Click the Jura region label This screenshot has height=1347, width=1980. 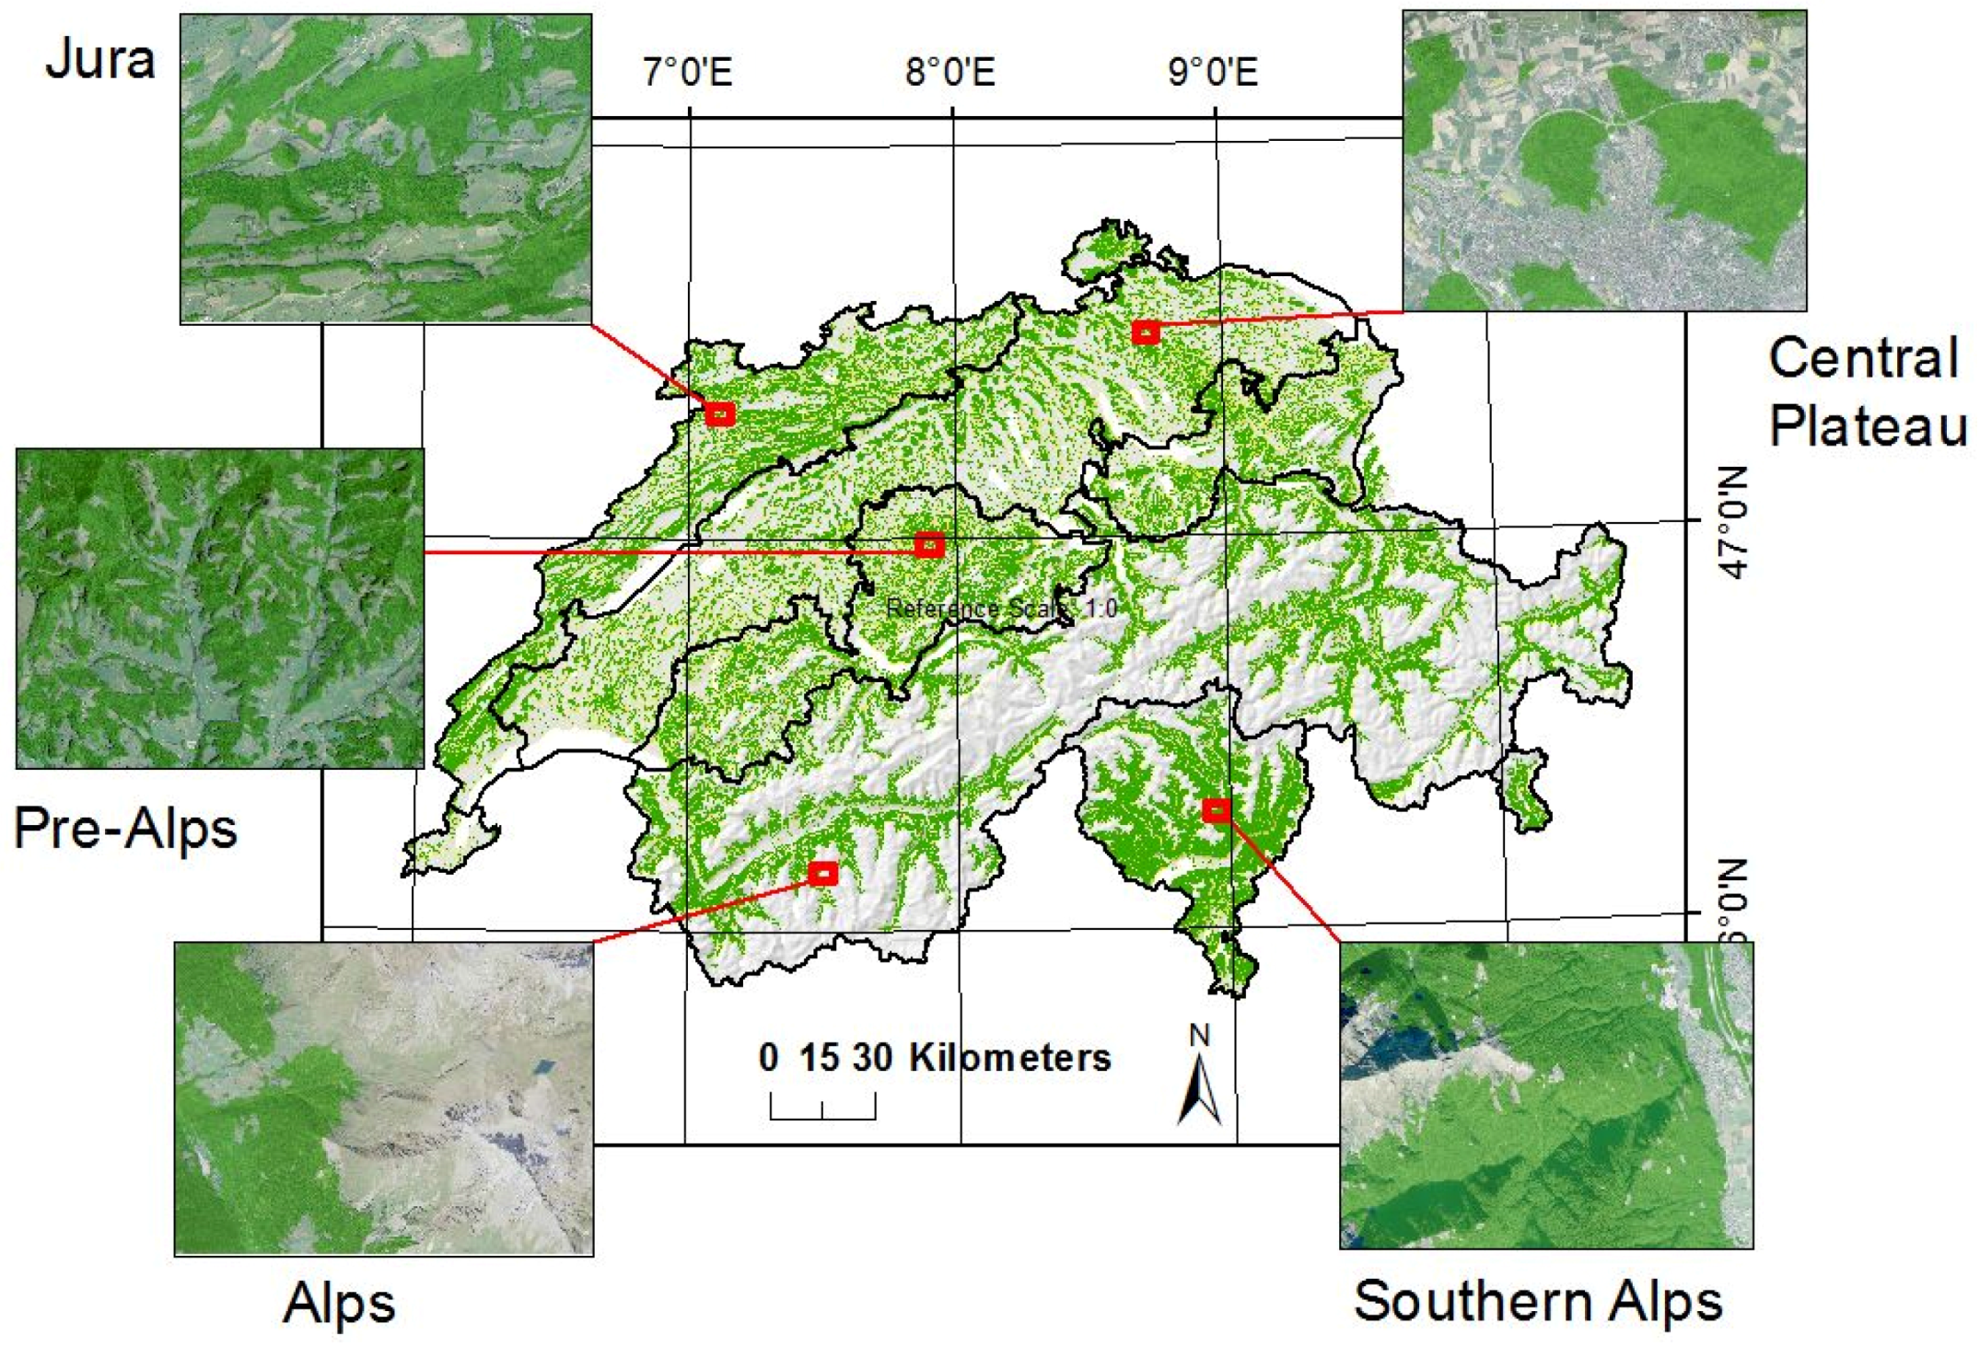[99, 60]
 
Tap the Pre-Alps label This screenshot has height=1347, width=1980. [125, 828]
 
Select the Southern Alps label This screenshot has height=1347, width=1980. [1537, 1300]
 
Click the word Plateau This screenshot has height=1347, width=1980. [1867, 425]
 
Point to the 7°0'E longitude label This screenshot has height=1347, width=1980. [688, 72]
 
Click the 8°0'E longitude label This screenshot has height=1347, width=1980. [950, 72]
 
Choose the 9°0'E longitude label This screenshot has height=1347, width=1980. [1213, 72]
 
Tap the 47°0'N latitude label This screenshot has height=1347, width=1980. [1732, 523]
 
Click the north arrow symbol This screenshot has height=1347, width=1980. [1199, 1086]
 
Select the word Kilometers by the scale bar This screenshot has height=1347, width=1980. [1009, 1058]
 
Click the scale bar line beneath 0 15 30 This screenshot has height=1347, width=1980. [822, 1117]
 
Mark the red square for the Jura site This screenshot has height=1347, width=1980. [719, 414]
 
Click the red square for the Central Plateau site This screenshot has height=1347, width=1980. [1145, 331]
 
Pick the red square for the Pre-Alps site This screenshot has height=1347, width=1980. [929, 545]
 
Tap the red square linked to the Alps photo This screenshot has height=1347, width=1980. [822, 872]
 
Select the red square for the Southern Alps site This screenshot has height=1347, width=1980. [1216, 810]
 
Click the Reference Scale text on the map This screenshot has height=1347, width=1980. [1001, 609]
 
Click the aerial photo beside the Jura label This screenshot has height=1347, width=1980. [385, 168]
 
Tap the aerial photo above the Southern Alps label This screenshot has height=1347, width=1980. [1545, 1095]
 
